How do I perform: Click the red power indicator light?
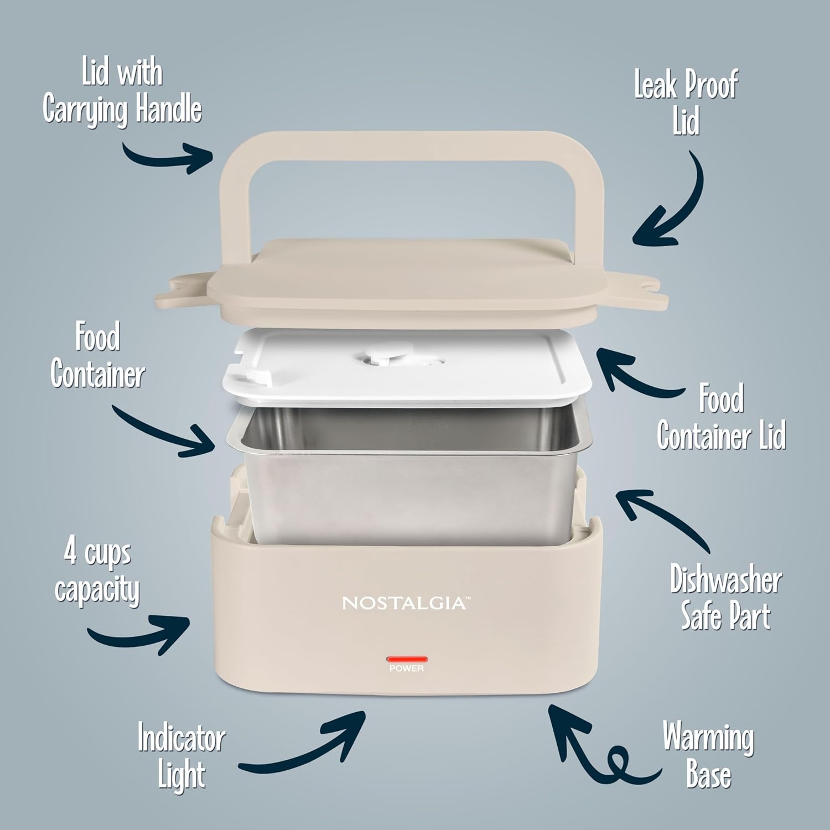pyautogui.click(x=407, y=659)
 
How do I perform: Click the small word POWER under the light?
pyautogui.click(x=407, y=669)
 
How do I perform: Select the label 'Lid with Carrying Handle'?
pyautogui.click(x=122, y=92)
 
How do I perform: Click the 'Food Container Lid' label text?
pyautogui.click(x=721, y=417)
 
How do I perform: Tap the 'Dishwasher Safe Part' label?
pyautogui.click(x=725, y=598)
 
